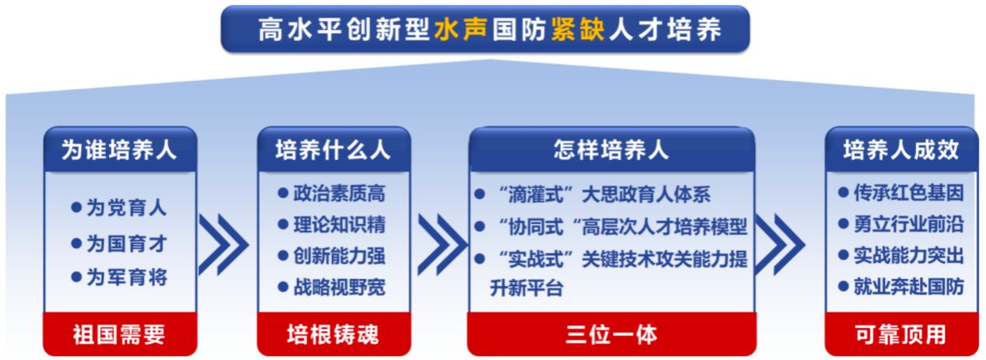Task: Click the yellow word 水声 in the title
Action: [x=461, y=30]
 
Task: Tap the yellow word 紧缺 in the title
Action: [x=578, y=30]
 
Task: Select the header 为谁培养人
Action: [x=119, y=150]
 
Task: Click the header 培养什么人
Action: [x=334, y=150]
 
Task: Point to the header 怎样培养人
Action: [x=611, y=149]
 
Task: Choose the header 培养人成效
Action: [x=900, y=150]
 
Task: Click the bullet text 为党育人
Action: [x=126, y=208]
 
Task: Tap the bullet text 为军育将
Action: [x=126, y=278]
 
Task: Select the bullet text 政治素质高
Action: [x=339, y=193]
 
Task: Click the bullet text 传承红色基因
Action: [x=908, y=193]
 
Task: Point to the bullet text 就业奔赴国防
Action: [x=908, y=287]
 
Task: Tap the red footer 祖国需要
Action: [x=119, y=335]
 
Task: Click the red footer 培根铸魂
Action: [x=333, y=334]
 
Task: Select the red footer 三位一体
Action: [x=611, y=335]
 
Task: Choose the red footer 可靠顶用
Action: [x=900, y=334]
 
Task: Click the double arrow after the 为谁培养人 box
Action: [x=225, y=245]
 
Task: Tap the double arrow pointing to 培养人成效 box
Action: [x=780, y=245]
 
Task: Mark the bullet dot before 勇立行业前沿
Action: [x=844, y=224]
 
